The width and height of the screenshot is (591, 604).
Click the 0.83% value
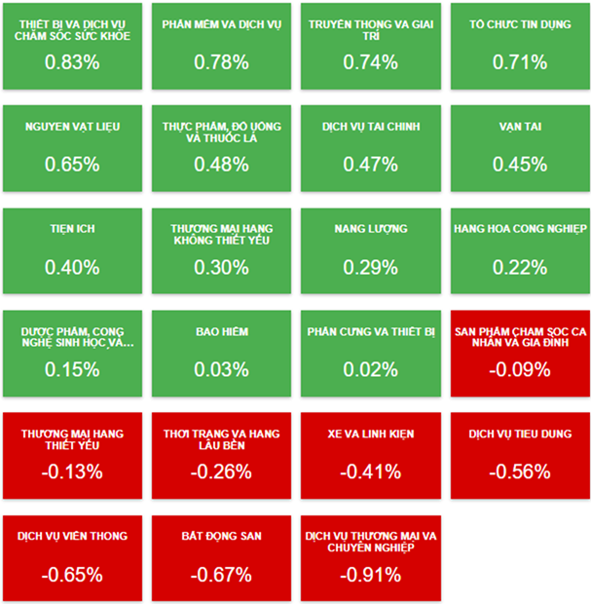(72, 62)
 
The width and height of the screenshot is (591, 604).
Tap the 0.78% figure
(221, 62)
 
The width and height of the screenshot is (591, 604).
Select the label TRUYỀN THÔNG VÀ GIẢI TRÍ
(370, 29)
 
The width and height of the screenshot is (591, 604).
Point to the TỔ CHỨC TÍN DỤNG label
(520, 23)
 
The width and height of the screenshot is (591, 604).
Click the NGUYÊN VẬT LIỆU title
(72, 127)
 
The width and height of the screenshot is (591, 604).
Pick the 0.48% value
(221, 165)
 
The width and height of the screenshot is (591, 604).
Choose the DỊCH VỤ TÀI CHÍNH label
(370, 127)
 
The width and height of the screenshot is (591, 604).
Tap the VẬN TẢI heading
(520, 127)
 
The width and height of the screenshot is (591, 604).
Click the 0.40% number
(72, 267)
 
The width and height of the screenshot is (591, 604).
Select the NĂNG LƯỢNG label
(370, 230)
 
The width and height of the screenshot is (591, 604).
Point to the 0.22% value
(520, 267)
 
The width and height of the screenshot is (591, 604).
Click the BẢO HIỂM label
(221, 332)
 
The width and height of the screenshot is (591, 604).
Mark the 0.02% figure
(370, 369)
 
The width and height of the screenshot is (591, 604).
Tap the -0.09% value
(520, 369)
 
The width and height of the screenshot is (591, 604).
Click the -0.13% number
(72, 472)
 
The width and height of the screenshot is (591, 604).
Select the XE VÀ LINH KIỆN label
(370, 434)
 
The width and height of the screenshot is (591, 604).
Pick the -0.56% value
(520, 472)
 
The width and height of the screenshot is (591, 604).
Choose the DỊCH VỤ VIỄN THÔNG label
(72, 536)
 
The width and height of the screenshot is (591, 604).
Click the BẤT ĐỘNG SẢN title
(221, 536)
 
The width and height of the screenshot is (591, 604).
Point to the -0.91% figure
(370, 574)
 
